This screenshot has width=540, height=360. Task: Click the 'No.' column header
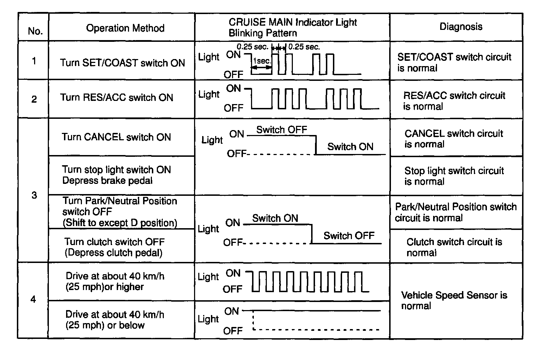point(35,31)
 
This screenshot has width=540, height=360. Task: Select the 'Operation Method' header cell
point(125,28)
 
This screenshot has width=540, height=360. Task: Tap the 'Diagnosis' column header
point(461,27)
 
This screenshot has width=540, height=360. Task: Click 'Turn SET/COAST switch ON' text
point(122,63)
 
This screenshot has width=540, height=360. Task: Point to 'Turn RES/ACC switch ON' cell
point(116,97)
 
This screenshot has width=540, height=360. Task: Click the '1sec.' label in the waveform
point(262,61)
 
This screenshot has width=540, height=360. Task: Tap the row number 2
point(34,99)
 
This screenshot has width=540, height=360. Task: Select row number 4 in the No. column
point(33,300)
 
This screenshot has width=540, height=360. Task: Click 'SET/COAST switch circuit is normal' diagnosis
point(454,62)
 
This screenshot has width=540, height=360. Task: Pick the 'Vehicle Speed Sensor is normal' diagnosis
point(454,300)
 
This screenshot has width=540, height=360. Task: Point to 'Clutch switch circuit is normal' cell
point(454,247)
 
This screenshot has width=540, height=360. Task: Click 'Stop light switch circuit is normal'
point(454,176)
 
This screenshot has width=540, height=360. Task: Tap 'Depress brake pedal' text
point(107,181)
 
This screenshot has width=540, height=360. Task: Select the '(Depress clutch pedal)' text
point(114,253)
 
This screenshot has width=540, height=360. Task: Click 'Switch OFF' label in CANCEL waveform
point(281,130)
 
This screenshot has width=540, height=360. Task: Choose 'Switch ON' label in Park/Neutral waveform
point(275,218)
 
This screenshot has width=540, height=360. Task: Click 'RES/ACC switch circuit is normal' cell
point(454,101)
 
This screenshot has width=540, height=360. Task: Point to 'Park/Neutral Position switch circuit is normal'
point(456,212)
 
